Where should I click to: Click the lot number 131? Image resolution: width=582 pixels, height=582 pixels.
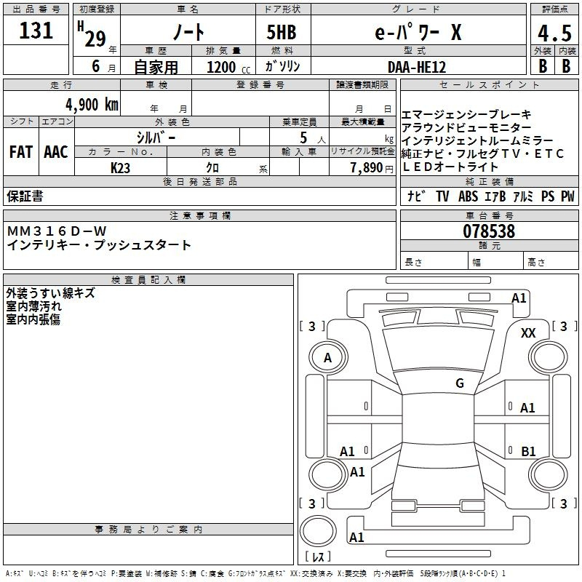coord(36,31)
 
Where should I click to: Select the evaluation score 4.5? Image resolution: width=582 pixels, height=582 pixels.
coord(554,33)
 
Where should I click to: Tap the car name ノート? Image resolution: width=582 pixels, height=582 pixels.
coord(188,32)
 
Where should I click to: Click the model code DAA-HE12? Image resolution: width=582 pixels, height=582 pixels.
coord(417,66)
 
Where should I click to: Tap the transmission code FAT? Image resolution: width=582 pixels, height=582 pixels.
coord(20,151)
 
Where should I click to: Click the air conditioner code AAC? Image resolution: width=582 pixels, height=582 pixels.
coord(56,151)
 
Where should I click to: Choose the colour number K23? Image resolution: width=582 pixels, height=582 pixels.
coord(121,167)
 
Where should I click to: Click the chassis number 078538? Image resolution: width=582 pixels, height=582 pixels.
coord(489,231)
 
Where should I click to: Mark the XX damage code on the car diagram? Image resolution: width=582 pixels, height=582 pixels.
coord(529,332)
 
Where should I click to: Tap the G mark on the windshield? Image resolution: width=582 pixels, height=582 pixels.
coord(460,383)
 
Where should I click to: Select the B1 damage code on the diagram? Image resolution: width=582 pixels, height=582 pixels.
coord(528,452)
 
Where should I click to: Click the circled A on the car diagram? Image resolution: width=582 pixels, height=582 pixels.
coord(327,357)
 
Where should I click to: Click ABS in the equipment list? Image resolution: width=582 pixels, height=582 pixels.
coord(468,196)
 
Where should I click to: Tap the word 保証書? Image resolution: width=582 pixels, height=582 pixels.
coord(25,196)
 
